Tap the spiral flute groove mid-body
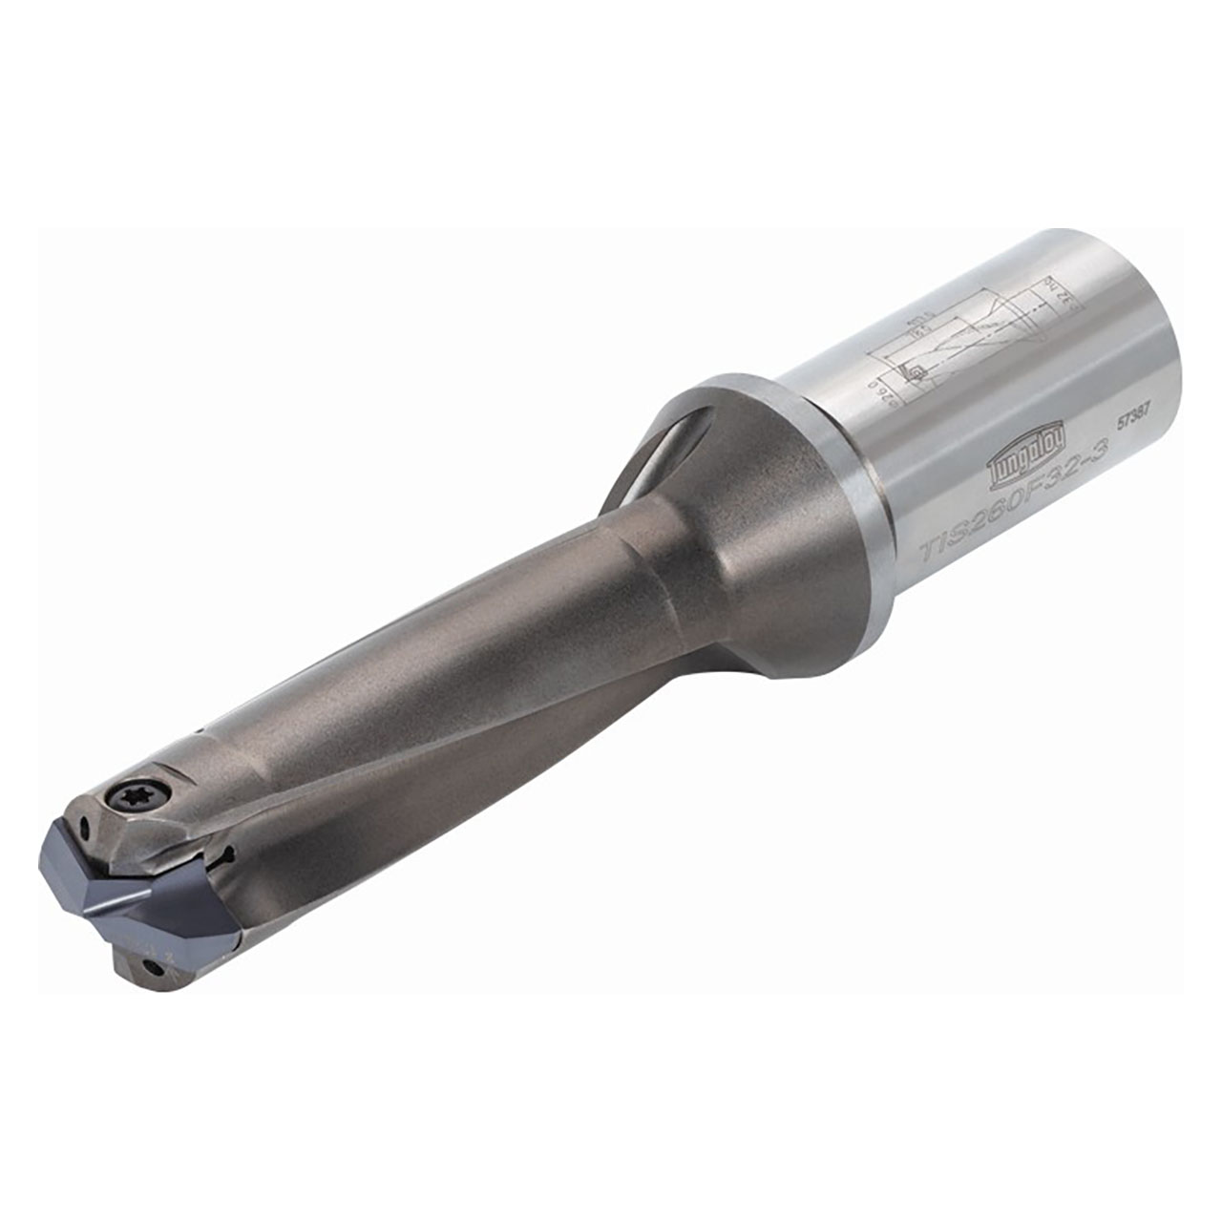point(430,764)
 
